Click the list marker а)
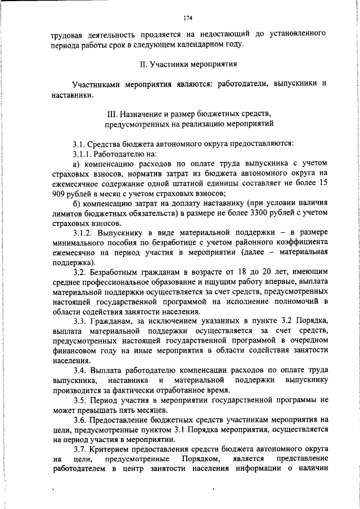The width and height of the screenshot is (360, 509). (77, 164)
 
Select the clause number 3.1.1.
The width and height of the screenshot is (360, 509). (83, 153)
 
